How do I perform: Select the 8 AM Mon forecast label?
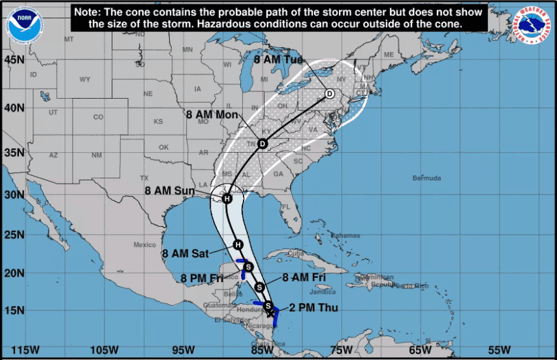coord(212,114)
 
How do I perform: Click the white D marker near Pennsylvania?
coord(330,94)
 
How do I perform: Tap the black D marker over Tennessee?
coord(263,144)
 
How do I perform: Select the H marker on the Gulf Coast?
coord(227,199)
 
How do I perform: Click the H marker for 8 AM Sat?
coord(238,245)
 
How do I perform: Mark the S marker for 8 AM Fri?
coord(260,287)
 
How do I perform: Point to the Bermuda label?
coord(427,178)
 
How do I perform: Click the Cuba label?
coord(297,254)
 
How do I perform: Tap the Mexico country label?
coord(145,245)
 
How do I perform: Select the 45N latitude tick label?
coord(14,59)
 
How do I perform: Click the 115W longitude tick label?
coord(21,349)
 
